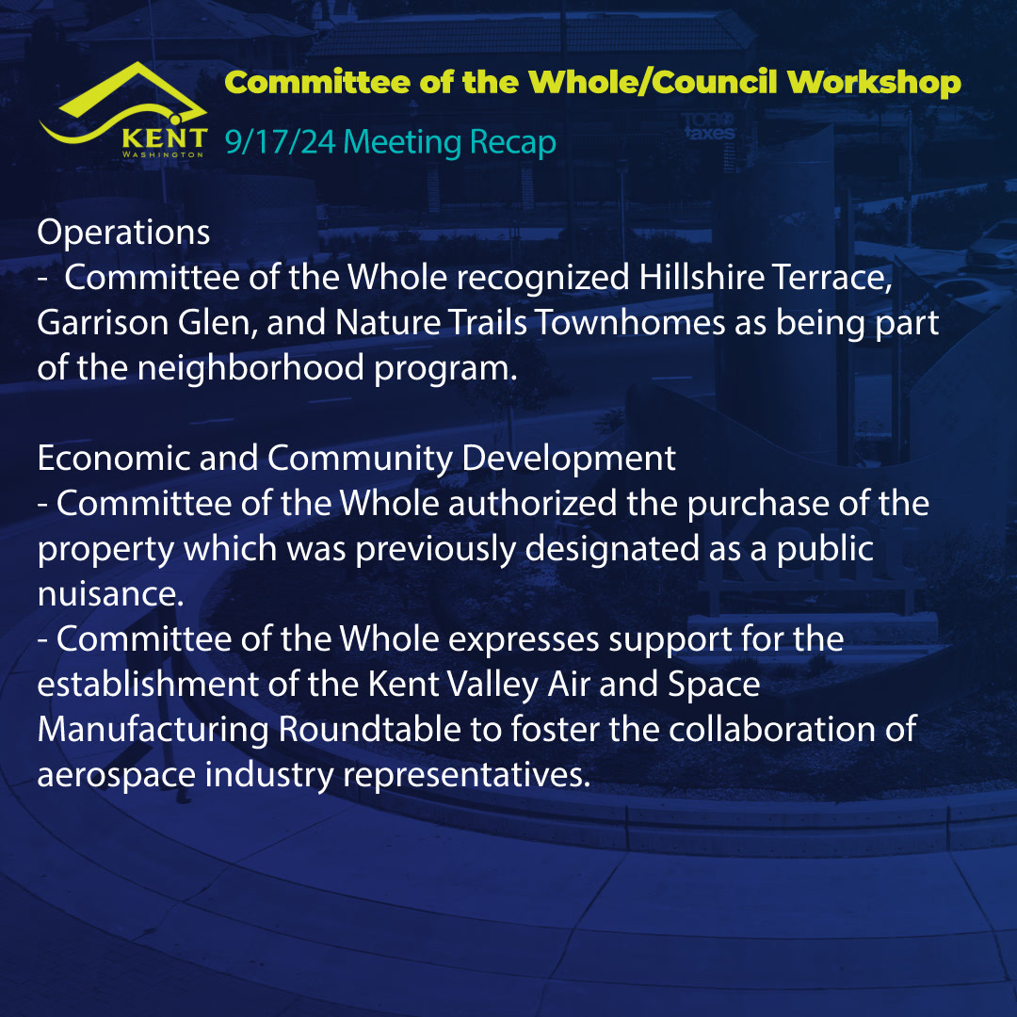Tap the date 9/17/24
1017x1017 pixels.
pyautogui.click(x=281, y=142)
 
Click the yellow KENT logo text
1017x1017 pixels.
pyautogui.click(x=165, y=138)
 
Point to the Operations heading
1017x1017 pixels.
pyautogui.click(x=123, y=233)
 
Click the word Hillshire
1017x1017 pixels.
pyautogui.click(x=699, y=278)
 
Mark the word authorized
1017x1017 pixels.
pyautogui.click(x=532, y=504)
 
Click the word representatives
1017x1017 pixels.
pyautogui.click(x=466, y=775)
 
